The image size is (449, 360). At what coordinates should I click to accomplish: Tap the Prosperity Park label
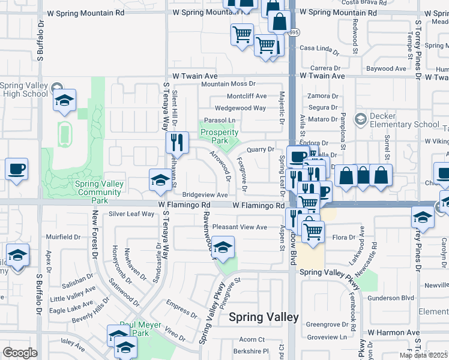click(219, 136)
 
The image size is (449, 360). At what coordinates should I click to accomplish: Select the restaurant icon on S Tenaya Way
click(177, 143)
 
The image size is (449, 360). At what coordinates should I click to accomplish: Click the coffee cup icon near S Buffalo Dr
click(17, 169)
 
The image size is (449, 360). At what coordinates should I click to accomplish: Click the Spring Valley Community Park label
click(99, 188)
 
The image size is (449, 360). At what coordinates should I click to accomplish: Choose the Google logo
click(19, 353)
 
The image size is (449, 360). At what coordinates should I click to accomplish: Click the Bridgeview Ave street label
click(205, 195)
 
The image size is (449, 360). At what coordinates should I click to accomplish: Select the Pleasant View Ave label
click(240, 227)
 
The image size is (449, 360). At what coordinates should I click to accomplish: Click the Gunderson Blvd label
click(391, 298)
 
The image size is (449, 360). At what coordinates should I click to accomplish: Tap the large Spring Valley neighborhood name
click(264, 317)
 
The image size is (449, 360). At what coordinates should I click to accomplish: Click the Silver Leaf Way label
click(131, 214)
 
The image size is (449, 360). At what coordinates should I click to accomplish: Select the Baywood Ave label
click(387, 69)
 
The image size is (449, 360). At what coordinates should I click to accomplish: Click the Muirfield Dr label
click(63, 236)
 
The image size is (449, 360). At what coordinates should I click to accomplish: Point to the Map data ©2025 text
click(424, 355)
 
